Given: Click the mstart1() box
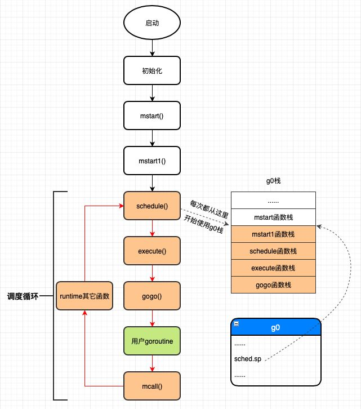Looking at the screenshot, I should tap(152, 161).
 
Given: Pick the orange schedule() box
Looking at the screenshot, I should tap(152, 206).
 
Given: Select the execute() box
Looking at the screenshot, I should tap(152, 251).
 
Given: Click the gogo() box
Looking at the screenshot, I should tap(152, 296).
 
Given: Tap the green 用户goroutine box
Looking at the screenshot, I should tap(152, 341).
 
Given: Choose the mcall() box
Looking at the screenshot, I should tap(152, 386).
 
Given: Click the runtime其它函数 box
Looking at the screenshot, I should tap(84, 296).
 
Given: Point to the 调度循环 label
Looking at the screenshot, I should tap(23, 296).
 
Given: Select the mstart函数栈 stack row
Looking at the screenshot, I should tap(274, 217).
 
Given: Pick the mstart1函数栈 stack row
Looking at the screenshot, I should tap(274, 234).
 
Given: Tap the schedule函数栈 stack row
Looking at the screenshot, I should tap(274, 251).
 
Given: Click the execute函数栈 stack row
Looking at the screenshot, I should tap(274, 268).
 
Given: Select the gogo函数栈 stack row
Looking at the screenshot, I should tap(274, 284).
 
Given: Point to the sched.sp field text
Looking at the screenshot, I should tap(248, 358).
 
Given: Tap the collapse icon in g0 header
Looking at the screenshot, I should tap(237, 323).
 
